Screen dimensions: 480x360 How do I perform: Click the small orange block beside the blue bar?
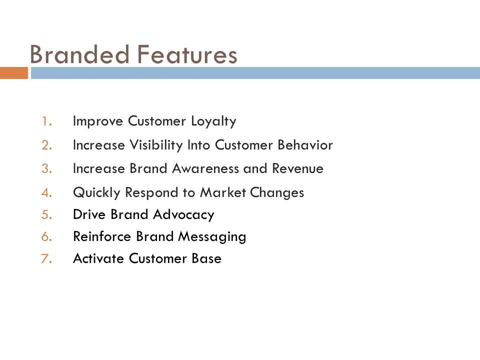[14, 73]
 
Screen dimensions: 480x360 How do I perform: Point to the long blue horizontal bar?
[255, 73]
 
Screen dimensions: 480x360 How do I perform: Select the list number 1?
[47, 121]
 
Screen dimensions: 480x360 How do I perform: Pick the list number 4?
[47, 193]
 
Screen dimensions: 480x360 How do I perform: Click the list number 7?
[46, 258]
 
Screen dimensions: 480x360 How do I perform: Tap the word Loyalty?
[213, 121]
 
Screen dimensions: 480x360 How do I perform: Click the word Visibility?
[156, 145]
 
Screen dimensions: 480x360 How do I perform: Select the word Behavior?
[305, 145]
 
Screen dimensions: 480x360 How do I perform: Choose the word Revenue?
[298, 168]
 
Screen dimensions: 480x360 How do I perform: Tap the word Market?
[223, 192]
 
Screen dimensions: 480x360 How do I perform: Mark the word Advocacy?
[183, 215]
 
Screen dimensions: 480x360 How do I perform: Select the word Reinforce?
[102, 236]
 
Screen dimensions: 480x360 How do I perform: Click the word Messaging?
[212, 237]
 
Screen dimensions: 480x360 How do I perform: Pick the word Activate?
[98, 258]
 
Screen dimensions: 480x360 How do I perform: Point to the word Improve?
[98, 121]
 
